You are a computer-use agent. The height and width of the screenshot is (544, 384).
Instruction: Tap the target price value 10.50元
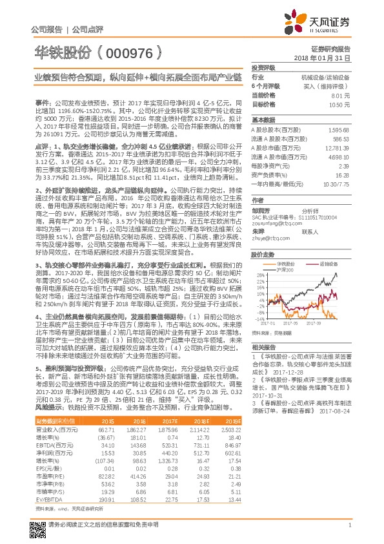coord(339,104)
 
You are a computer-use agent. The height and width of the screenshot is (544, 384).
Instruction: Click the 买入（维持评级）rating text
coord(330,85)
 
